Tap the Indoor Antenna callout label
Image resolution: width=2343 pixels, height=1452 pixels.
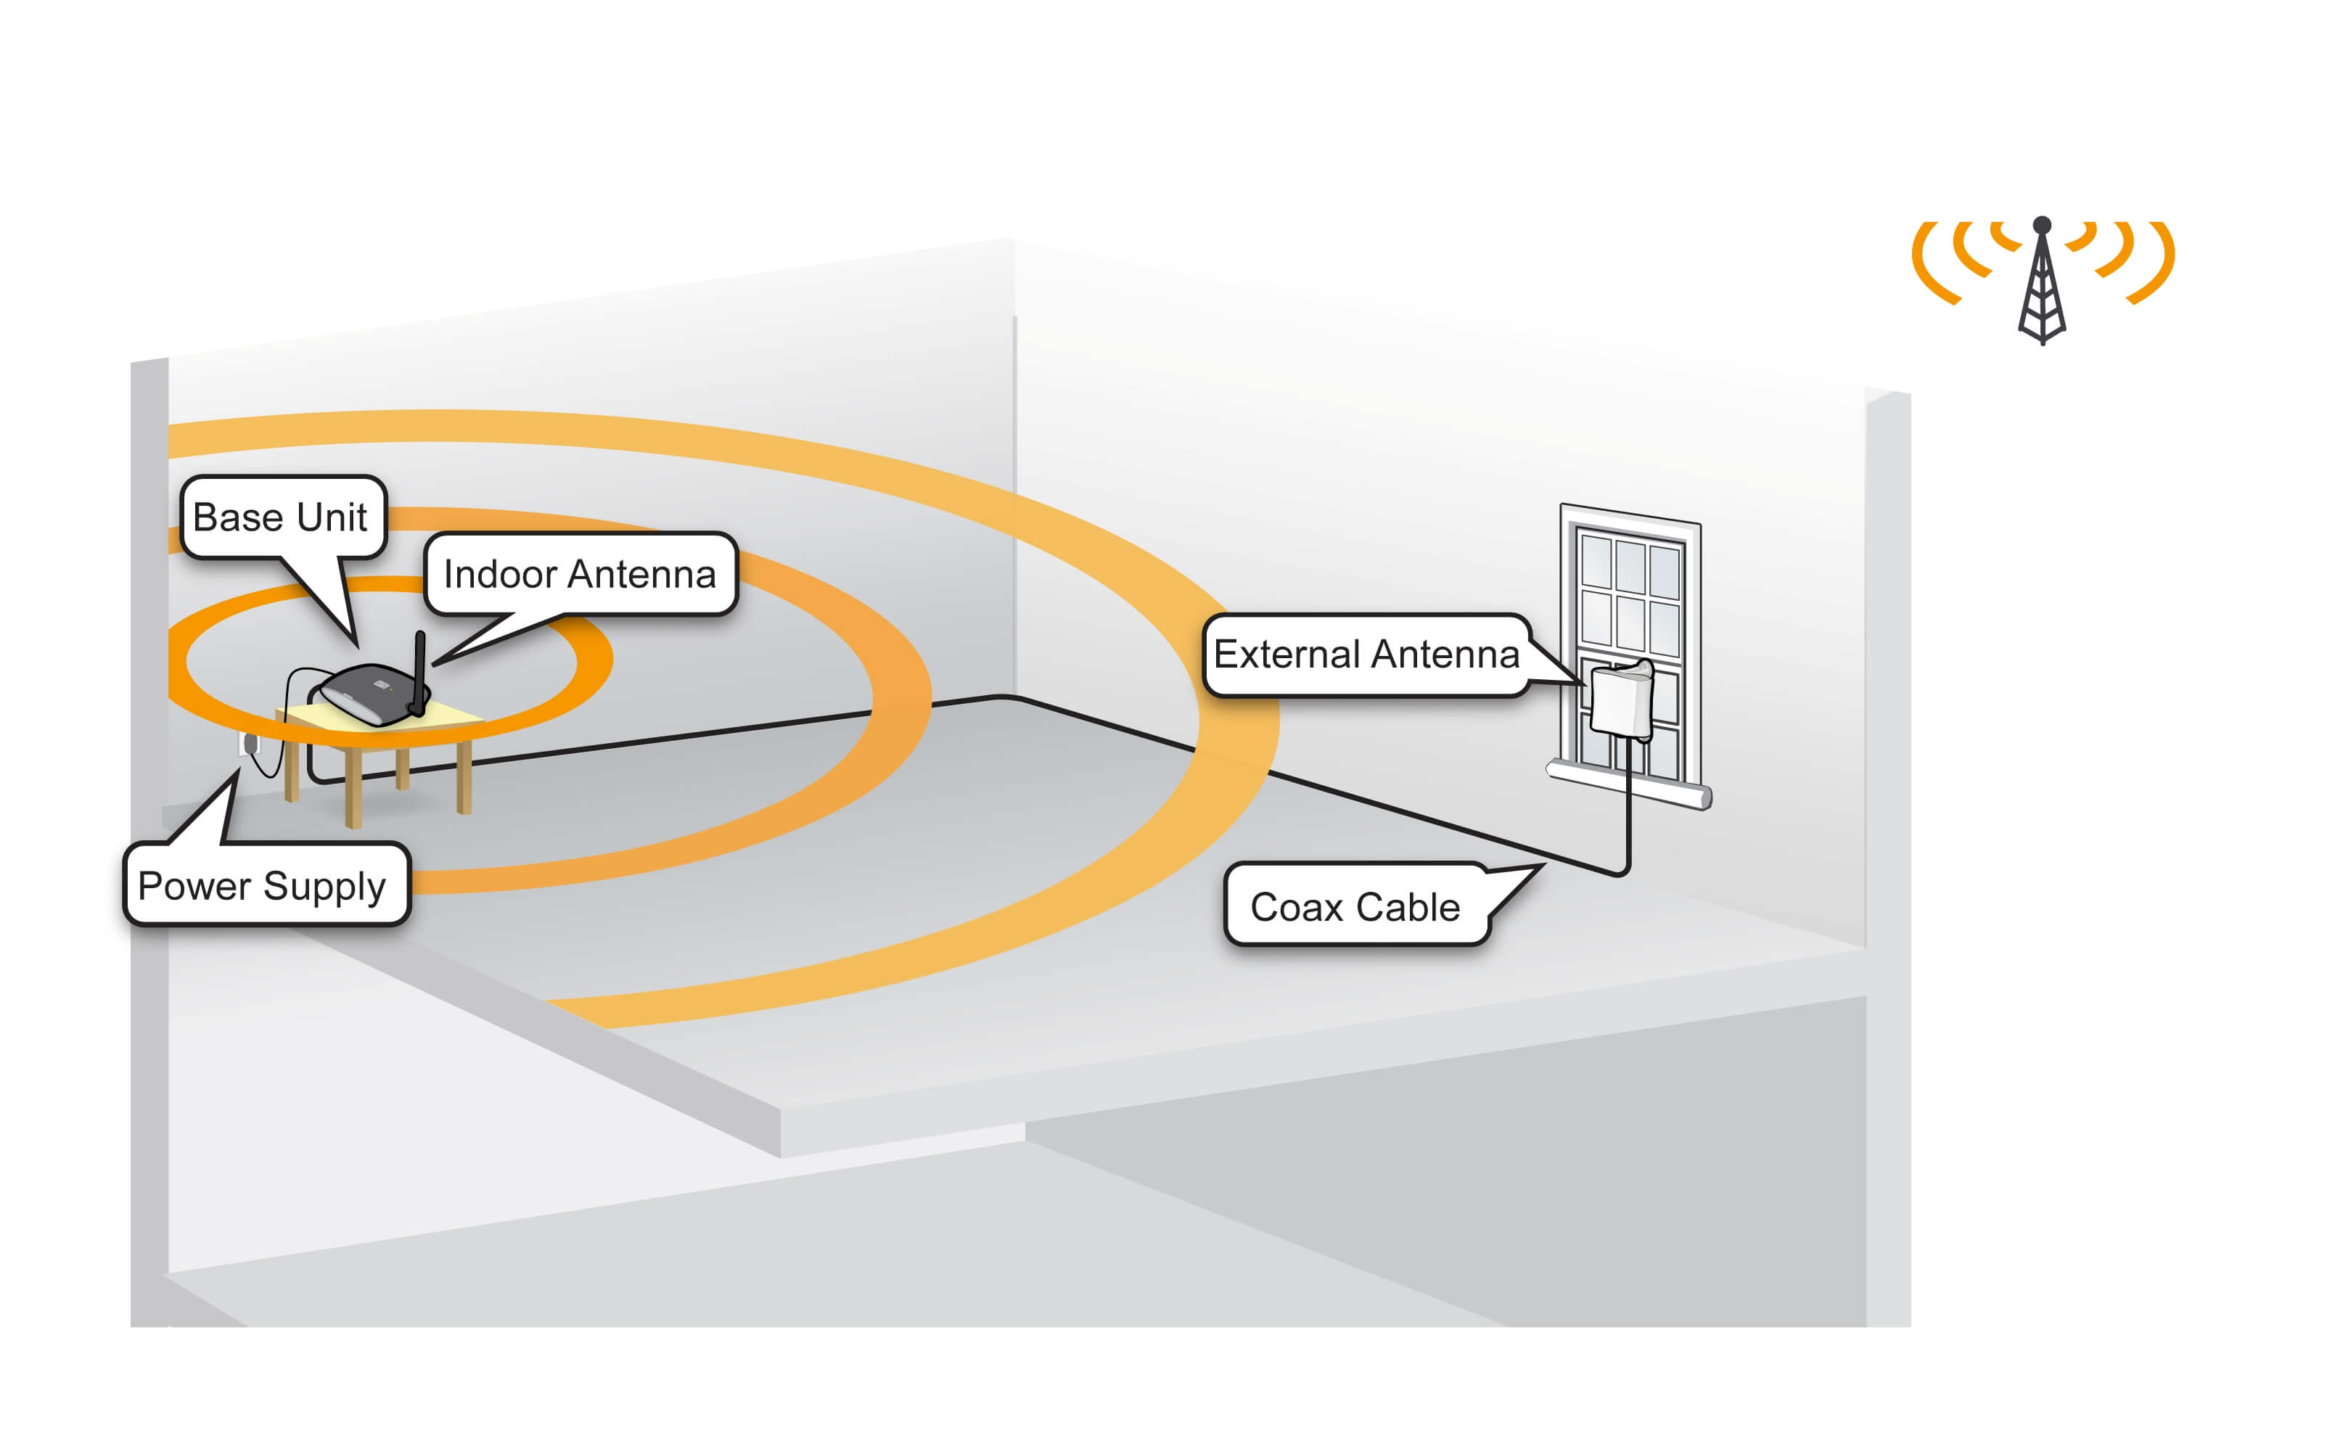(579, 574)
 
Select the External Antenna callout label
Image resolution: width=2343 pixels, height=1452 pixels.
(1366, 654)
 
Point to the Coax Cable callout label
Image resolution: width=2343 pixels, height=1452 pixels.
(1354, 906)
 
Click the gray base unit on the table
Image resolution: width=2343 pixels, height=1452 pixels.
(369, 694)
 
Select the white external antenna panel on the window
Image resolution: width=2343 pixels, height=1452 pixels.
(1621, 700)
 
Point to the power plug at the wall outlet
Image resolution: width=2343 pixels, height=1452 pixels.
(250, 743)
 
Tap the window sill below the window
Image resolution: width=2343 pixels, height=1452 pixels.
(1628, 784)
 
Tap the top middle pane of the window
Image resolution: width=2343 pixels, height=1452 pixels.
(1630, 565)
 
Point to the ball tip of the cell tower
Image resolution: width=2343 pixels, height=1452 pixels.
(2043, 225)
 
